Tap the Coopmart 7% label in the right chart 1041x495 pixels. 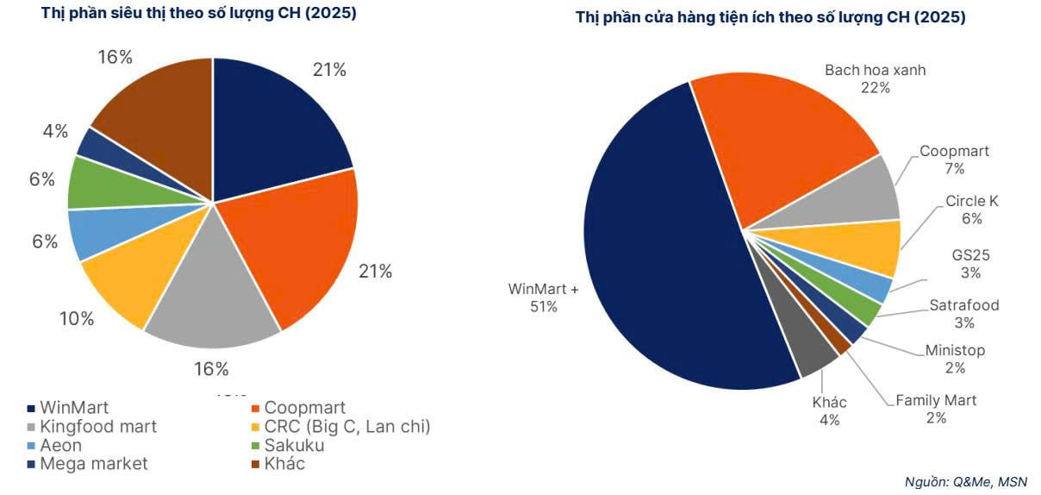coord(954,160)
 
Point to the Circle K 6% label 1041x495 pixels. coord(971,210)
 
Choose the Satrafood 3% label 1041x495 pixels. coord(963,314)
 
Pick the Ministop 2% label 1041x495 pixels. coord(954,359)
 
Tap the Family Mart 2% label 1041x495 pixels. coord(936,409)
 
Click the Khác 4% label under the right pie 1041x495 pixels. coord(829,411)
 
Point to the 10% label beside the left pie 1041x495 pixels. coord(77,318)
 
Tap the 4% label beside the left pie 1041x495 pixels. coord(55,131)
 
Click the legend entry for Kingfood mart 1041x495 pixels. coord(98,426)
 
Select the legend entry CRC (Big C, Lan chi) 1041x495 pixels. coord(346,426)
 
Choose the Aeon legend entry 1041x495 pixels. coord(60,445)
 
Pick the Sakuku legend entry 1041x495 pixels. coord(294,445)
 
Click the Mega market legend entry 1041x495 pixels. coord(93,464)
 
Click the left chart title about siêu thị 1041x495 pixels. coord(199,14)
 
